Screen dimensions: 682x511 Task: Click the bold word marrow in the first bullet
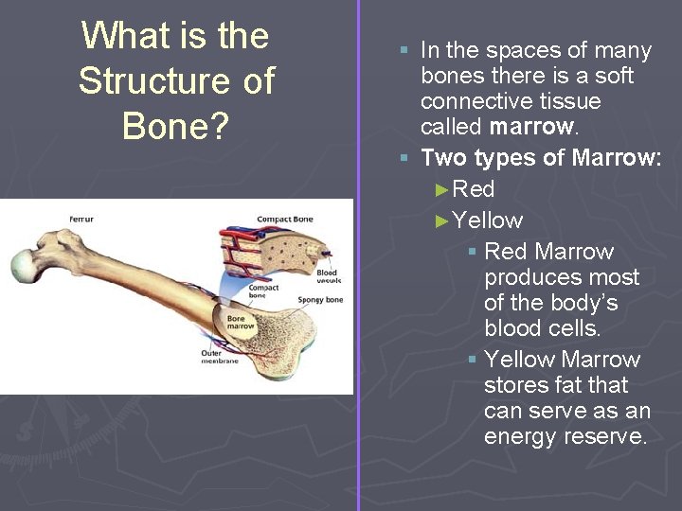click(532, 126)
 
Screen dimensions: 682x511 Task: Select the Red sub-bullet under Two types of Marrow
click(474, 188)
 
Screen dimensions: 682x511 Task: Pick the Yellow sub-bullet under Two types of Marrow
click(487, 220)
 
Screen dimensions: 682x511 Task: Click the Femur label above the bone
click(81, 220)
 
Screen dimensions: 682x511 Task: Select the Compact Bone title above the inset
click(284, 220)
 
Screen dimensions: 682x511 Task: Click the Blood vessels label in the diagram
click(328, 276)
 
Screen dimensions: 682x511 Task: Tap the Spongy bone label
click(320, 300)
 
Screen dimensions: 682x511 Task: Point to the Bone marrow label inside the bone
click(236, 324)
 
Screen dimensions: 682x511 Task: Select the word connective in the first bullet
click(476, 100)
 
